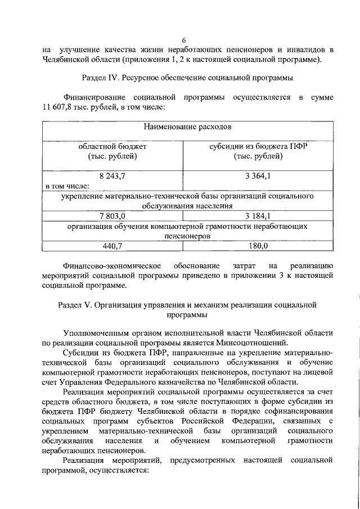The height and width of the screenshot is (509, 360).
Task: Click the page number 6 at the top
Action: coord(183,39)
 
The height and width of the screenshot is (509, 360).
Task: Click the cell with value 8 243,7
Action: coord(112,176)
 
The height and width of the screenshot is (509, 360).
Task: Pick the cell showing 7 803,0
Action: coord(112,215)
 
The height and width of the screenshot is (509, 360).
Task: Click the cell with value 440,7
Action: coord(112,246)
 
